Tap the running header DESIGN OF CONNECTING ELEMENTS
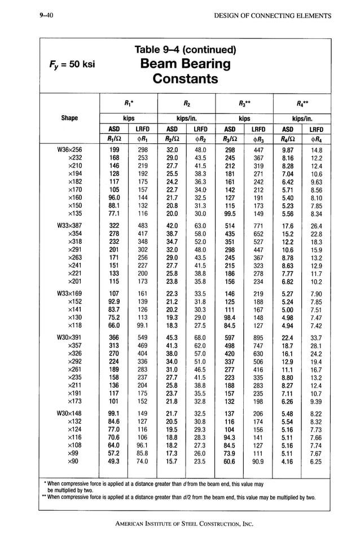click(273, 15)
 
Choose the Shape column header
click(69, 118)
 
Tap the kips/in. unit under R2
click(187, 118)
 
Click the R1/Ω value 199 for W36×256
click(115, 150)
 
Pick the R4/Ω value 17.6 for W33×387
click(288, 226)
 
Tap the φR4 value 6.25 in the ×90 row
click(316, 461)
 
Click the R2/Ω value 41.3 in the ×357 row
click(172, 346)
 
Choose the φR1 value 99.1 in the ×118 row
click(143, 326)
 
